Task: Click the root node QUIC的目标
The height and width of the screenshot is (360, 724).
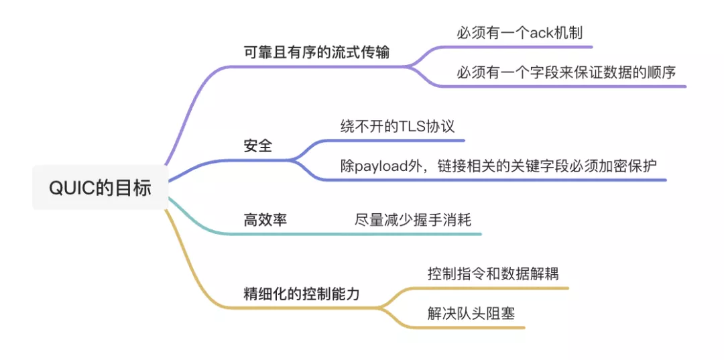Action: point(100,188)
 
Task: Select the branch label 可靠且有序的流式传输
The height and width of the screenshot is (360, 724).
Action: point(316,53)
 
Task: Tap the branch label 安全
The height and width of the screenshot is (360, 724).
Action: point(257,145)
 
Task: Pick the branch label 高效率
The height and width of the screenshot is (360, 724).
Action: point(265,219)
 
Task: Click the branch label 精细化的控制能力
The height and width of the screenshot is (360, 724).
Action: point(301,293)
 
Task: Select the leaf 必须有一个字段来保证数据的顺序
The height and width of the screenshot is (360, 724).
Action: point(571,72)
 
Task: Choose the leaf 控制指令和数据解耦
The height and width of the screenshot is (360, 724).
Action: point(493,274)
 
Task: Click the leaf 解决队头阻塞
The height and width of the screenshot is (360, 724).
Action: point(471,313)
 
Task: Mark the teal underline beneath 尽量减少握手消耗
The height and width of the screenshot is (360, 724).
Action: point(416,234)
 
